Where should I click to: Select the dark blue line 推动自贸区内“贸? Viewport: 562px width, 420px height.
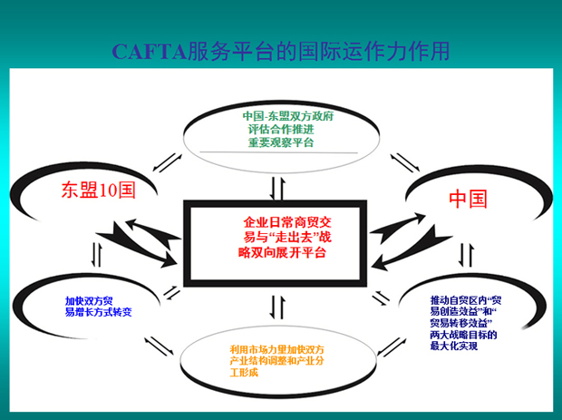[468, 298]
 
